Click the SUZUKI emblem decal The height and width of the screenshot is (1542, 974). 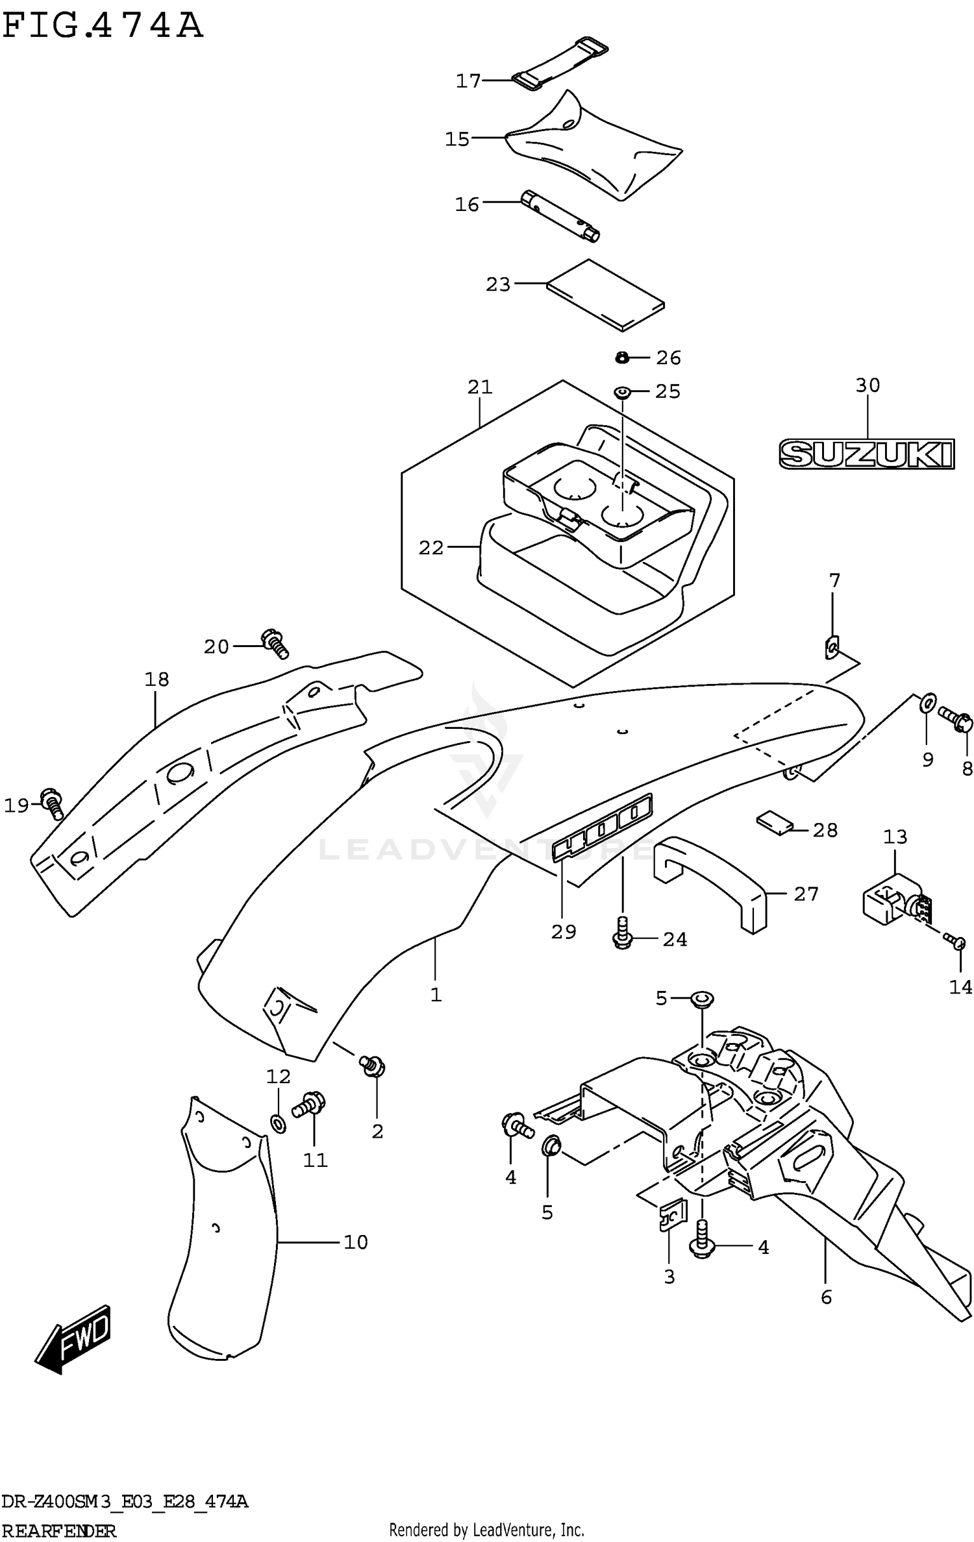point(866,454)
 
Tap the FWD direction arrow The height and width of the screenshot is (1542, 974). point(73,1339)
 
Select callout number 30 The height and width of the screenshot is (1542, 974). point(868,385)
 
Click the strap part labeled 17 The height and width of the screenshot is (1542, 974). point(560,64)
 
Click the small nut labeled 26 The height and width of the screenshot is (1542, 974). point(621,356)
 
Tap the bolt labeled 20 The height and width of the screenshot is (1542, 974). point(275,643)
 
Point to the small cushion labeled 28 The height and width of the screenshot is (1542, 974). point(775,822)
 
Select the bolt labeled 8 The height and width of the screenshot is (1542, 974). point(955,719)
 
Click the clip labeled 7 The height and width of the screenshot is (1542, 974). point(832,647)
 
